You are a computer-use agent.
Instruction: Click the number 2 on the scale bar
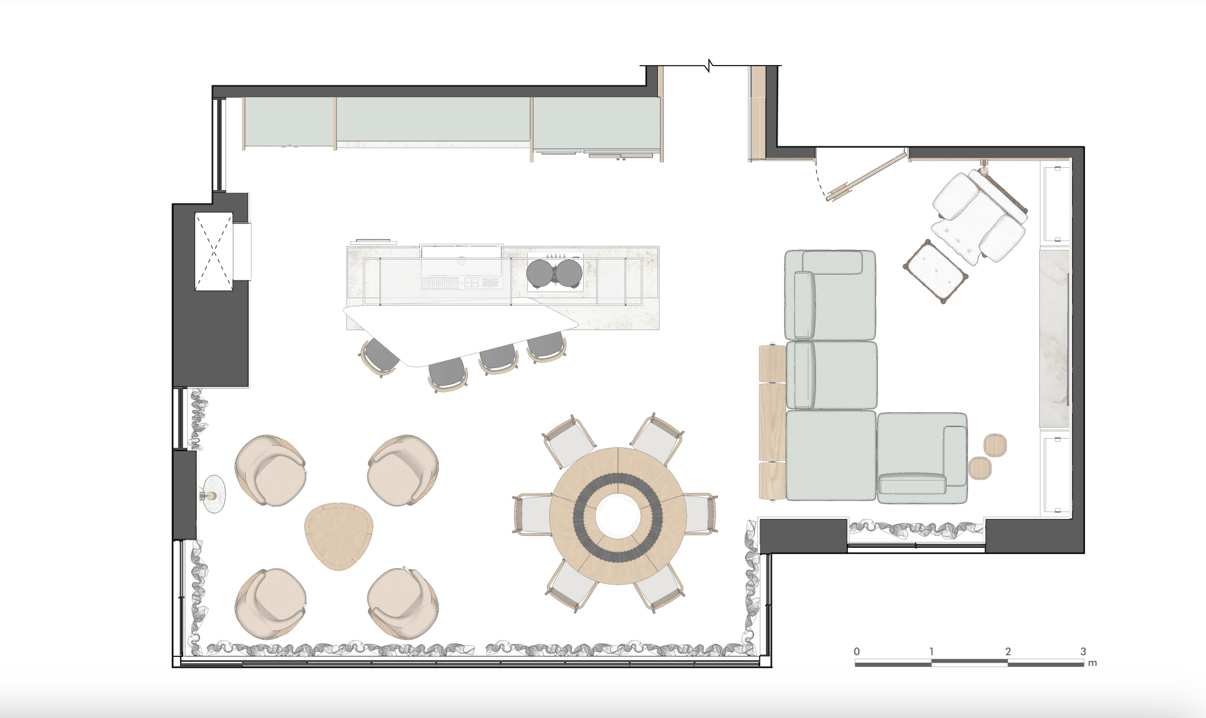[x=1008, y=651]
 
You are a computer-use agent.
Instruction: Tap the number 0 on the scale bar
[x=857, y=651]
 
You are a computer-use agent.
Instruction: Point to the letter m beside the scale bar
[x=1092, y=663]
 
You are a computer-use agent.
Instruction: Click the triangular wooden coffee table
[x=339, y=535]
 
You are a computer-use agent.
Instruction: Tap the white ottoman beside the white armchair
[x=935, y=270]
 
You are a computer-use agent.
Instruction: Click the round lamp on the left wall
[x=213, y=495]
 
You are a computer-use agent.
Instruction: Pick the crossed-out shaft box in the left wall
[x=214, y=252]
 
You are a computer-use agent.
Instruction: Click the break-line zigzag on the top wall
[x=709, y=66]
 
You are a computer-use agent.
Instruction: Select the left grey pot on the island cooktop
[x=540, y=273]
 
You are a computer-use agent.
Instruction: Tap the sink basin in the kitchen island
[x=461, y=266]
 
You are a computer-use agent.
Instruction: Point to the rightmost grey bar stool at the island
[x=546, y=345]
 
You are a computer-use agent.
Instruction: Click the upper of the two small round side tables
[x=995, y=445]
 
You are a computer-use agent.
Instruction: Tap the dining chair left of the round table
[x=532, y=514]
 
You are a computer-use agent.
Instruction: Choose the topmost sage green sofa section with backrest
[x=830, y=295]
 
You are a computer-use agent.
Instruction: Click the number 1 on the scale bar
[x=931, y=651]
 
